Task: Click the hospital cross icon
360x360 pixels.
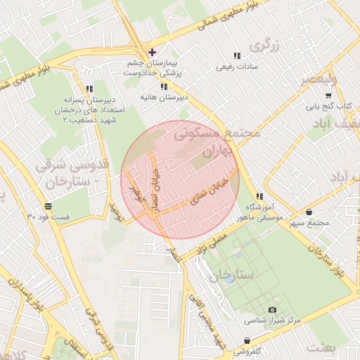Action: click(152, 52)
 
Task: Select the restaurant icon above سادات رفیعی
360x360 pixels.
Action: click(236, 56)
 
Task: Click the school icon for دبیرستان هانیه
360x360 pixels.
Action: click(164, 86)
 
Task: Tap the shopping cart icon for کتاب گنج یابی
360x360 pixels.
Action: click(328, 96)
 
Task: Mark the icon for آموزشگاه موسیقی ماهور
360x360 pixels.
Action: click(259, 197)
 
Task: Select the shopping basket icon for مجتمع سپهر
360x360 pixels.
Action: click(309, 212)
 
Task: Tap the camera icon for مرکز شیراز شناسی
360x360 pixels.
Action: click(272, 309)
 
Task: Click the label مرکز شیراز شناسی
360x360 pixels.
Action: click(272, 320)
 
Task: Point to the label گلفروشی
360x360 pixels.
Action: click(249, 349)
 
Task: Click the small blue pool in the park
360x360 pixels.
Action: click(229, 279)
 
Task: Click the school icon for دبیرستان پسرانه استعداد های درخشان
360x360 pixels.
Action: click(89, 89)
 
